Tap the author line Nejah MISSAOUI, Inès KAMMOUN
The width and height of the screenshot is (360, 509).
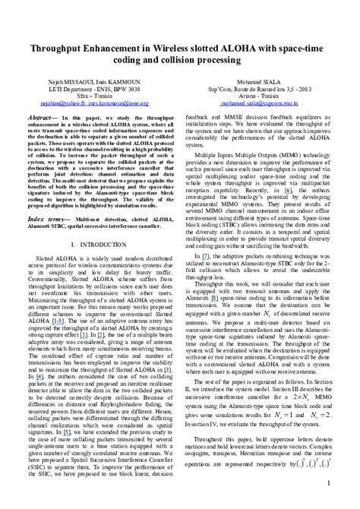click(93, 76)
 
